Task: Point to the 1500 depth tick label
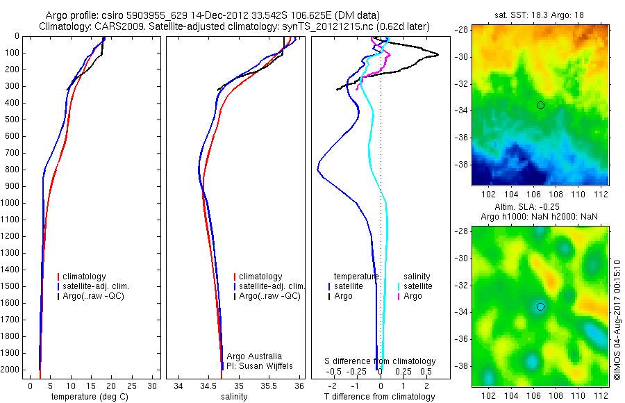[10, 286]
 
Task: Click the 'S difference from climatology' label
[381, 361]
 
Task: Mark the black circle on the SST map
[540, 105]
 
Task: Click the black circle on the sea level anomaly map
[540, 306]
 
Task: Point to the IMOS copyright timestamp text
[617, 319]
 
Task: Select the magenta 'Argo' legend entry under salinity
[412, 296]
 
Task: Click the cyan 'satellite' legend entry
[417, 286]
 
